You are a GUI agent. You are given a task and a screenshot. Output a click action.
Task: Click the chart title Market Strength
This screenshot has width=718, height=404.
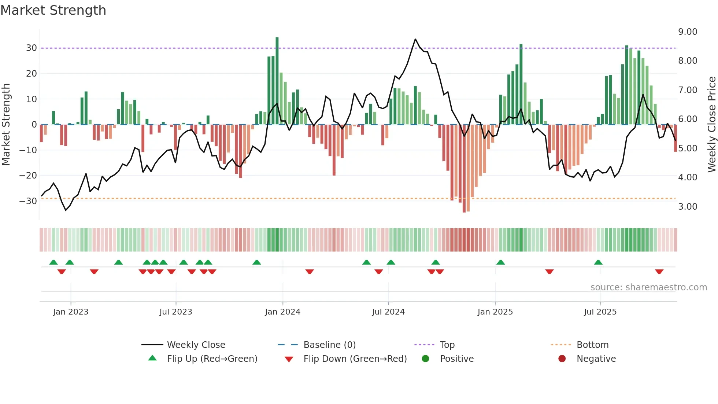pyautogui.click(x=53, y=10)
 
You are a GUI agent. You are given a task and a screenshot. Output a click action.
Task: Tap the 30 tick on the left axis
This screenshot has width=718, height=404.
pyautogui.click(x=31, y=48)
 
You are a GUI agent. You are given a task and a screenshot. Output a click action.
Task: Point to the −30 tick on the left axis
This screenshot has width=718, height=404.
pyautogui.click(x=28, y=201)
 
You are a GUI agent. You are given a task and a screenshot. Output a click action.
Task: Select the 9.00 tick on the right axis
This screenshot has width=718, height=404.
pyautogui.click(x=688, y=32)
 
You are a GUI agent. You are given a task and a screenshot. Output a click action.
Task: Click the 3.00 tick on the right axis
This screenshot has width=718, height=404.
pyautogui.click(x=688, y=207)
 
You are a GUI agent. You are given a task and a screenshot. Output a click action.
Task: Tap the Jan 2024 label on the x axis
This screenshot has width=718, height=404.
pyautogui.click(x=282, y=312)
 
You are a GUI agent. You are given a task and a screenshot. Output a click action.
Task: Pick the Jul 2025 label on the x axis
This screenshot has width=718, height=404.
pyautogui.click(x=600, y=312)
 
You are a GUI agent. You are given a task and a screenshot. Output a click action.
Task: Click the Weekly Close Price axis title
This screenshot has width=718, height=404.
pyautogui.click(x=711, y=125)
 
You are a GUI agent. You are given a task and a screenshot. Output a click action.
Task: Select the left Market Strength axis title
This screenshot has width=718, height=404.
pyautogui.click(x=6, y=125)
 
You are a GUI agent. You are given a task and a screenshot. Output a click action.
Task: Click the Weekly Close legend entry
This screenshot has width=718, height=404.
pyautogui.click(x=196, y=345)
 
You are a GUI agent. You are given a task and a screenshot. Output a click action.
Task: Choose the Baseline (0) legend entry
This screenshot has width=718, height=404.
pyautogui.click(x=329, y=345)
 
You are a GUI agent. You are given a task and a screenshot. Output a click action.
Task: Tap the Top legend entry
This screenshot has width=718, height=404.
pyautogui.click(x=447, y=345)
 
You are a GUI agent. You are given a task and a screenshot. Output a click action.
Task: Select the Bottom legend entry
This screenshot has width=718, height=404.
pyautogui.click(x=592, y=345)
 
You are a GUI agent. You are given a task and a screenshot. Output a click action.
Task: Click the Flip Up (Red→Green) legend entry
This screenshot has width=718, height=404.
pyautogui.click(x=212, y=359)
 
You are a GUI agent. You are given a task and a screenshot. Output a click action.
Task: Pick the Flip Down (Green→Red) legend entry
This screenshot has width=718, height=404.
pyautogui.click(x=355, y=359)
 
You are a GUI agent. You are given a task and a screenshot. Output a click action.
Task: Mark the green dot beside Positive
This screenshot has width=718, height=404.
pyautogui.click(x=425, y=359)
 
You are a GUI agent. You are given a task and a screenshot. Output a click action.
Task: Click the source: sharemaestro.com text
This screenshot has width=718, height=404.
pyautogui.click(x=648, y=287)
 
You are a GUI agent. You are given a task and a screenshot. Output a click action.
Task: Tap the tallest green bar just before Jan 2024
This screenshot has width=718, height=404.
pyautogui.click(x=277, y=81)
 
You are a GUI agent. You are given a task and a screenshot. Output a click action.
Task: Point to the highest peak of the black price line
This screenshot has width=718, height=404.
pyautogui.click(x=415, y=39)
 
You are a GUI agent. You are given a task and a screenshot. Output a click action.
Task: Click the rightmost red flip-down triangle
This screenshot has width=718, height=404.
pyautogui.click(x=659, y=272)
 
